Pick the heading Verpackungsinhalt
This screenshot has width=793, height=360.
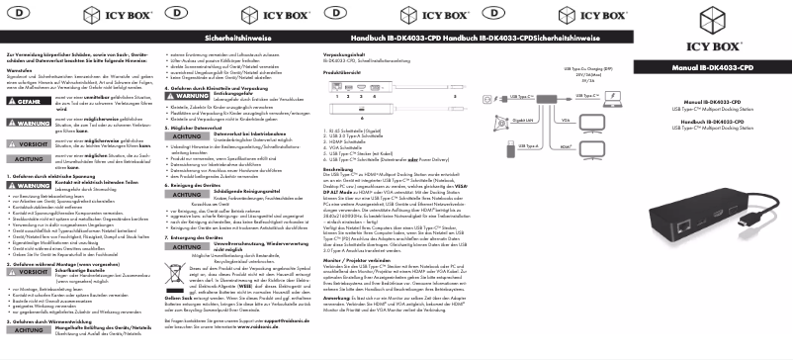[x=344, y=54]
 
